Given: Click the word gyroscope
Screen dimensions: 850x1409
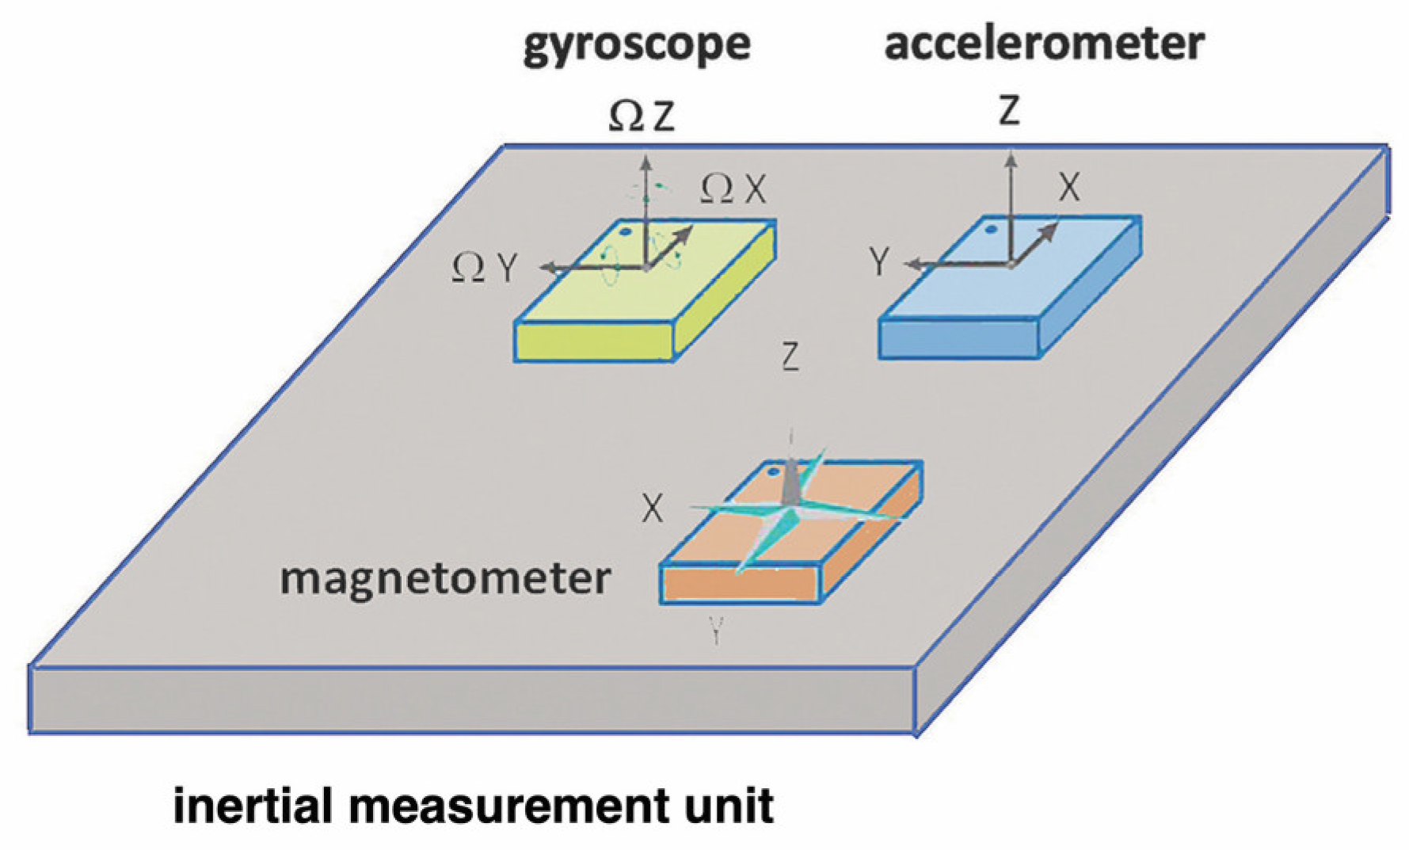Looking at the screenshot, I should [636, 44].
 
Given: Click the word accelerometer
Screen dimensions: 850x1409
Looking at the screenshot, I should [1044, 43].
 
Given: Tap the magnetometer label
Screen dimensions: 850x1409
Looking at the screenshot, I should [445, 578].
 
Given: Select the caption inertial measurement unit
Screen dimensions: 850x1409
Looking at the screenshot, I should [473, 806].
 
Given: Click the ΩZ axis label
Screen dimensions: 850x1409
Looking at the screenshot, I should [642, 116].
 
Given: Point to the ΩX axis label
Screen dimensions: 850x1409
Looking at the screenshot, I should [733, 189].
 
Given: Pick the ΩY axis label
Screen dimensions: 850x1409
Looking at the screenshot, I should [484, 269].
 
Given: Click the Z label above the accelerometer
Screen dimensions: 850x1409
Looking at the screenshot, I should [1008, 110].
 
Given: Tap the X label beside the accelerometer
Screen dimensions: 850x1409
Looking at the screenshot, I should [1069, 188].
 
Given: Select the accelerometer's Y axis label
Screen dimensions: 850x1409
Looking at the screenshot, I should [879, 261].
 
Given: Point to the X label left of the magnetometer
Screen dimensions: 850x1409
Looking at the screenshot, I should [652, 509].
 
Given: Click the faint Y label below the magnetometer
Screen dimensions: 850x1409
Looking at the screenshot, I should [716, 631].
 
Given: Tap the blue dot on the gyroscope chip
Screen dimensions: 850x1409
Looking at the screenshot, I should [625, 232].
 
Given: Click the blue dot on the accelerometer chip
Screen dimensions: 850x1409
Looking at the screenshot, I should [989, 230].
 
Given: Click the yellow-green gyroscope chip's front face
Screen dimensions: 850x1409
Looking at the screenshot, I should [594, 342].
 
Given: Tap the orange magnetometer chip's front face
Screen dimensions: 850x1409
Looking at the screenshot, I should [741, 585].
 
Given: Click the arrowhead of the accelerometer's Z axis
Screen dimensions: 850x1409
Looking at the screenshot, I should [1011, 160].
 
